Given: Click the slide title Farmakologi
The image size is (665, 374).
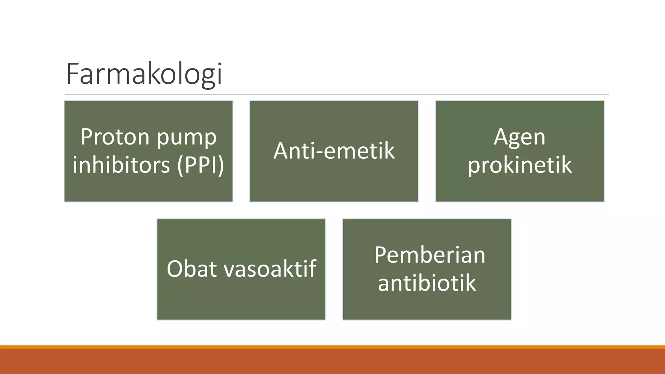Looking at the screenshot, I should tap(144, 74).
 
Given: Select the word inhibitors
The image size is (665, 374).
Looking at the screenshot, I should tap(121, 165).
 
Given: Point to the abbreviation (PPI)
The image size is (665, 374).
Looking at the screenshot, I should tap(201, 165).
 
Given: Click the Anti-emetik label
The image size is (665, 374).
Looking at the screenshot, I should tap(334, 151).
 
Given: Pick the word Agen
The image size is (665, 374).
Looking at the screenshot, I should tap(519, 137).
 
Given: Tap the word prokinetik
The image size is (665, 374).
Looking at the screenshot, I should tap(519, 165).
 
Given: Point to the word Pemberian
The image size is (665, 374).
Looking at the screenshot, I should tap(429, 255).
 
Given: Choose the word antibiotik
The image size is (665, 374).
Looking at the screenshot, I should tap(427, 283).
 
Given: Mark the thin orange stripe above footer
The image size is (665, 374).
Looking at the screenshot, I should tap(332, 347).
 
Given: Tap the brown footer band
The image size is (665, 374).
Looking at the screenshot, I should tap(332, 362).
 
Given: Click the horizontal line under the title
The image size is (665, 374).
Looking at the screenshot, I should tap(336, 95).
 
